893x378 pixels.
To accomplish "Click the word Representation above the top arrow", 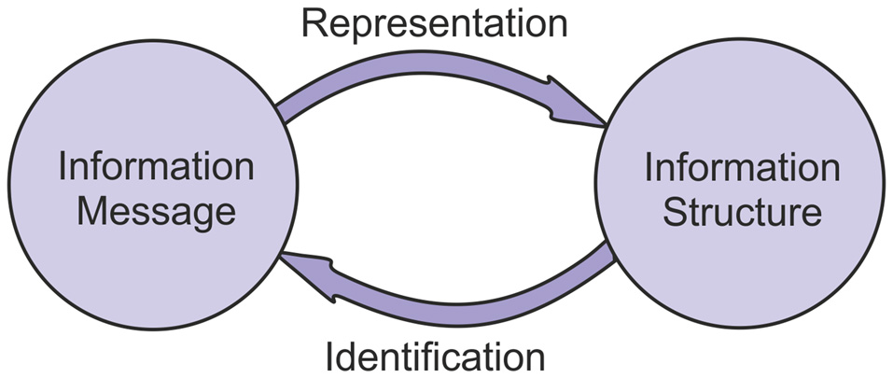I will point(434,23).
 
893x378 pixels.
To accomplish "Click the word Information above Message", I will point(156,168).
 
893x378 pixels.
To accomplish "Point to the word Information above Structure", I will point(742,168).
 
